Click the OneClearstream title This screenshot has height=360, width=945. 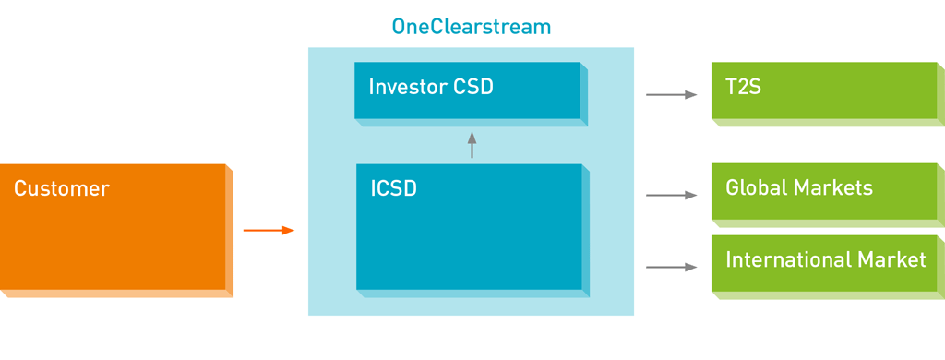click(472, 27)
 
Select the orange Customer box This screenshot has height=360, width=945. click(116, 231)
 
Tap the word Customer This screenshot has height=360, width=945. click(62, 188)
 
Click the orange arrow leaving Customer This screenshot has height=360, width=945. click(269, 231)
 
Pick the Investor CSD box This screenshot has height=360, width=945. click(471, 93)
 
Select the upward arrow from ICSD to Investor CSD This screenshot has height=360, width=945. click(472, 145)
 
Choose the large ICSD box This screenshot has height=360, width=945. click(472, 231)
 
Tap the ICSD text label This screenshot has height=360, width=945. click(393, 188)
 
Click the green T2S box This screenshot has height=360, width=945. click(828, 93)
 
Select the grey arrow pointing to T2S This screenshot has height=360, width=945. click(672, 95)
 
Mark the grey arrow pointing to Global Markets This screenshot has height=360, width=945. click(672, 196)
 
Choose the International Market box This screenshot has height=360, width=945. click(828, 267)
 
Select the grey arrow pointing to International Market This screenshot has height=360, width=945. click(672, 267)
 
